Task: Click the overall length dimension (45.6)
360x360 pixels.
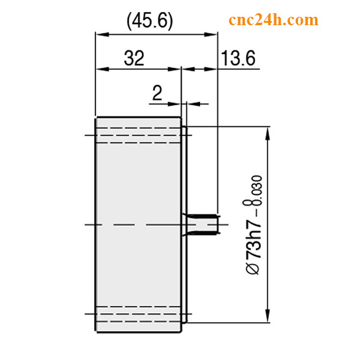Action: click(x=150, y=21)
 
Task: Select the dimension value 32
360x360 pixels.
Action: click(x=134, y=58)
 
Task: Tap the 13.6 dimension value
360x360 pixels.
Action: click(x=238, y=58)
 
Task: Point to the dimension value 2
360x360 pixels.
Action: click(x=157, y=92)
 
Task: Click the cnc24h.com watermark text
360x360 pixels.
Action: click(x=273, y=20)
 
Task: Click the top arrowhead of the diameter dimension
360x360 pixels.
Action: click(x=267, y=131)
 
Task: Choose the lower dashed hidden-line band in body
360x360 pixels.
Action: click(x=138, y=314)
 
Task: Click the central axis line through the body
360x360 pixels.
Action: click(x=138, y=224)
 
